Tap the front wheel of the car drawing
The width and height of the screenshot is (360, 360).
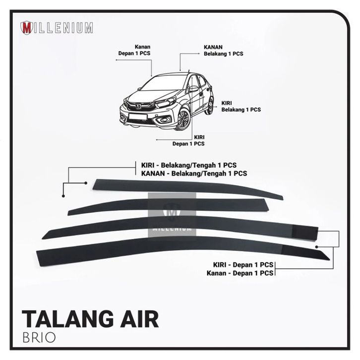point(183,120)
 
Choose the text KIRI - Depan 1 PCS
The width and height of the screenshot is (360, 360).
point(243,264)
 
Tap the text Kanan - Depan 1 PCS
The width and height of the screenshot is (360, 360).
point(243,272)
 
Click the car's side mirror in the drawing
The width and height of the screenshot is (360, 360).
point(193,89)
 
